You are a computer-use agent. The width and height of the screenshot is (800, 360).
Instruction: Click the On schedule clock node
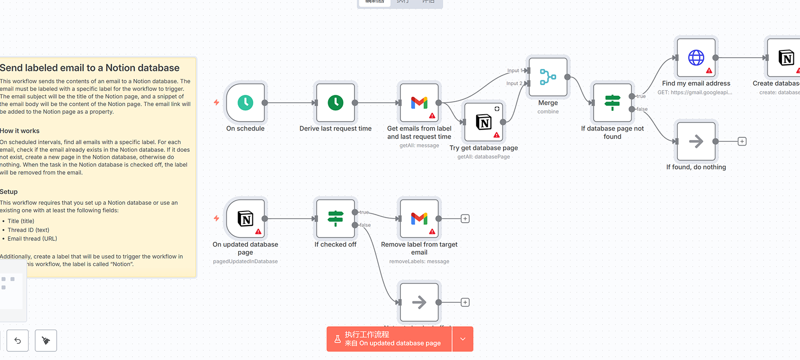click(x=246, y=103)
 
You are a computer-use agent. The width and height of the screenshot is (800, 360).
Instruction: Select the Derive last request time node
click(x=336, y=103)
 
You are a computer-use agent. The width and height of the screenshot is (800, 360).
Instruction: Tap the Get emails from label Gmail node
click(x=419, y=103)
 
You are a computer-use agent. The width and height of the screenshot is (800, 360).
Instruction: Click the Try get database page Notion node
click(x=484, y=122)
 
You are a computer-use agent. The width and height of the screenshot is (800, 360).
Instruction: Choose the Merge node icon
click(x=548, y=77)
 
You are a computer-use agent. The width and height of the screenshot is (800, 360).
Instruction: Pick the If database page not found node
click(x=612, y=103)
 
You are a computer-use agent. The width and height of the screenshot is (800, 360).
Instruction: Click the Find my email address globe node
click(x=696, y=58)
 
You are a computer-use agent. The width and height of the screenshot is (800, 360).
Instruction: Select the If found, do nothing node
click(x=696, y=141)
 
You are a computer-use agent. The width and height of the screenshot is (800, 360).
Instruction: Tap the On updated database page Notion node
click(x=246, y=219)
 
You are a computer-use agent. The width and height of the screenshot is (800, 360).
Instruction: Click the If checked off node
click(x=336, y=219)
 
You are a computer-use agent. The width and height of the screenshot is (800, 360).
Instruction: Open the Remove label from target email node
click(x=419, y=219)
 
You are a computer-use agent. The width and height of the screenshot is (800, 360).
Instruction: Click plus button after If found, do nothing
click(x=742, y=141)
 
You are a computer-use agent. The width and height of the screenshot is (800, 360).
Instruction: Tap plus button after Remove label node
click(x=465, y=219)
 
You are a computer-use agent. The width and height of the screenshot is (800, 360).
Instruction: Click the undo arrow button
click(x=18, y=340)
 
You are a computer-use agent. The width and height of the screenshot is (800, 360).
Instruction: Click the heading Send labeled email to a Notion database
click(x=90, y=68)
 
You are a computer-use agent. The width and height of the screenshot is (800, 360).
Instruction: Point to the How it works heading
click(x=20, y=131)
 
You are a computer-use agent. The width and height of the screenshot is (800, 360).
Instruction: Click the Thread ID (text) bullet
click(x=28, y=230)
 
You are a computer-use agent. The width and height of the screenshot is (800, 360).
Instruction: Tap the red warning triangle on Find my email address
click(x=709, y=70)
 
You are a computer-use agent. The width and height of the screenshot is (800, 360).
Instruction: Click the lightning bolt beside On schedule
click(x=216, y=102)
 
